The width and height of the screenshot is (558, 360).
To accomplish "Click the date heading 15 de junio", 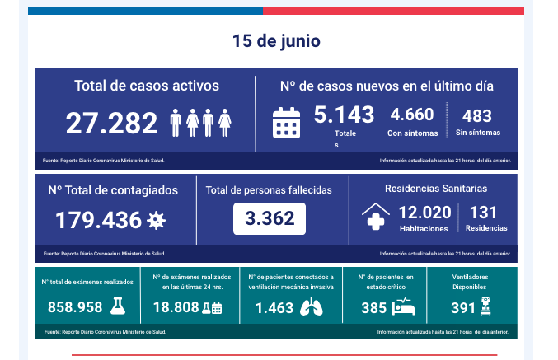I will [276, 41].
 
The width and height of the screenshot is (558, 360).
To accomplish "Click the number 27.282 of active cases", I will [111, 123].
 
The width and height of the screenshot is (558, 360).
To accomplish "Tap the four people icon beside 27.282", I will [200, 123].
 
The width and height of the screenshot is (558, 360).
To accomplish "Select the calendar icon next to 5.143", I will [286, 123].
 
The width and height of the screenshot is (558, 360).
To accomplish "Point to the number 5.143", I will [344, 115].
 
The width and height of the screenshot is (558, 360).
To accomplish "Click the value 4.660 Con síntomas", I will [412, 115].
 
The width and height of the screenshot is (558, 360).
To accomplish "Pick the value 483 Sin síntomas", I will [477, 115].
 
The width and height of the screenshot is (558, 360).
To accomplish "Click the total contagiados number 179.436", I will [98, 220].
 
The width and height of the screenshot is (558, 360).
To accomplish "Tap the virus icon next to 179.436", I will [155, 220].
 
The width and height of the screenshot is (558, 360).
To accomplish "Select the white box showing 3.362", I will [270, 219].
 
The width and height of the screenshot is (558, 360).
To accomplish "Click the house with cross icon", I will [376, 217].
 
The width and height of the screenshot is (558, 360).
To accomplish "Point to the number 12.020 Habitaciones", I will [424, 212].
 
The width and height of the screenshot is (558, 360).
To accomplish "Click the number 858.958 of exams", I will [75, 307].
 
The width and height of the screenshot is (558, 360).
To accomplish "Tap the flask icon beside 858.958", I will [119, 306].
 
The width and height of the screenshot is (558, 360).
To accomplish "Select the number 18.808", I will [176, 307].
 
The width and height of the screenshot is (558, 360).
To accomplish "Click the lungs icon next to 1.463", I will [311, 307].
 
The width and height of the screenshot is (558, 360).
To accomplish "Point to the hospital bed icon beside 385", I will [404, 307].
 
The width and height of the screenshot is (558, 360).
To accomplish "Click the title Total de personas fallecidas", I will [269, 190].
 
